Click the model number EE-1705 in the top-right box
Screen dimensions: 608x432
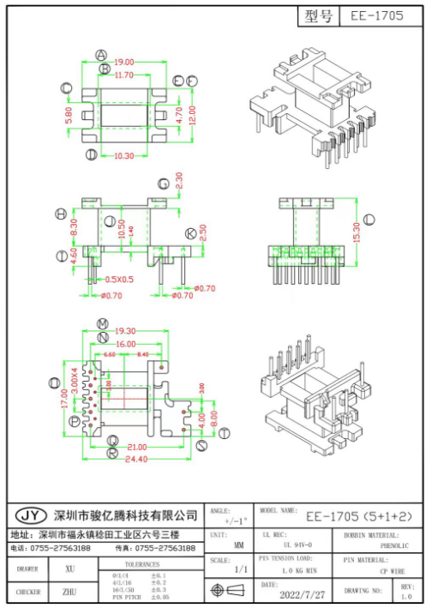click(377, 16)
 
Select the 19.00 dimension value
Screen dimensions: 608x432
click(124, 62)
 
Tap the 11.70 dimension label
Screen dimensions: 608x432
click(124, 75)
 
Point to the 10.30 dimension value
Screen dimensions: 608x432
click(123, 156)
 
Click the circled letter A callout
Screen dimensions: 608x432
click(101, 54)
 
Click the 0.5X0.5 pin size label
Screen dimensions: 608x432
click(119, 280)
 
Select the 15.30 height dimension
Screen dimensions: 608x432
click(356, 232)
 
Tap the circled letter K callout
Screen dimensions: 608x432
click(190, 233)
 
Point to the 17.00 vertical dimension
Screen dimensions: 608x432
click(65, 398)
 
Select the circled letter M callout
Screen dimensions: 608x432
click(103, 323)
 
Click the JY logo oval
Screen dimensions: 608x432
click(32, 515)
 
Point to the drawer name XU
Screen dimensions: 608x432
click(69, 569)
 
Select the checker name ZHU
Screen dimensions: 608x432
click(69, 592)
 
